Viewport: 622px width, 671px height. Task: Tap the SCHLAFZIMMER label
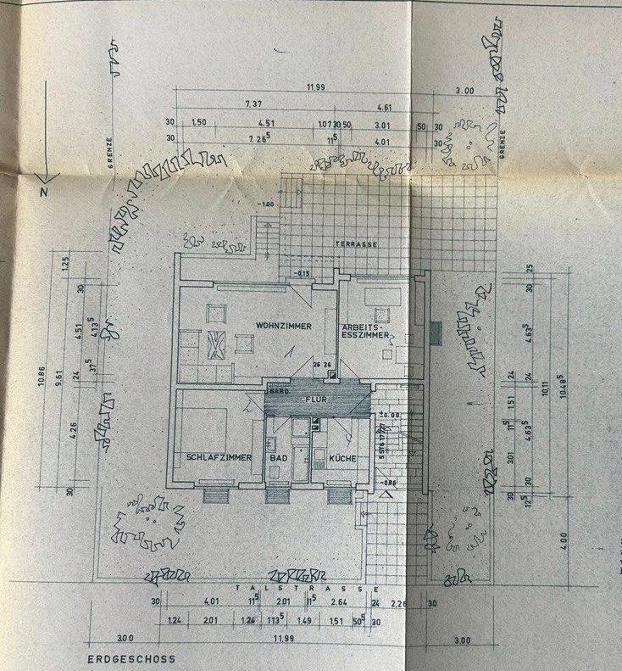219,457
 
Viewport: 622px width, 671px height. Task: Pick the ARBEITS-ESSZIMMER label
364,331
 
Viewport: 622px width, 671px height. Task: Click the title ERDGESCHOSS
130,658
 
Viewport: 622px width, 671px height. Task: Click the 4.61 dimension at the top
384,107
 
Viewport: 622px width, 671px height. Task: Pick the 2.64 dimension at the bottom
339,604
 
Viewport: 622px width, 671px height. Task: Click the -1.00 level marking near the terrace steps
268,204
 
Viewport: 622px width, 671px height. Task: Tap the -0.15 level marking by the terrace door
303,272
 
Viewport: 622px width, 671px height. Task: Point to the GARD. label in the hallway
277,392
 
